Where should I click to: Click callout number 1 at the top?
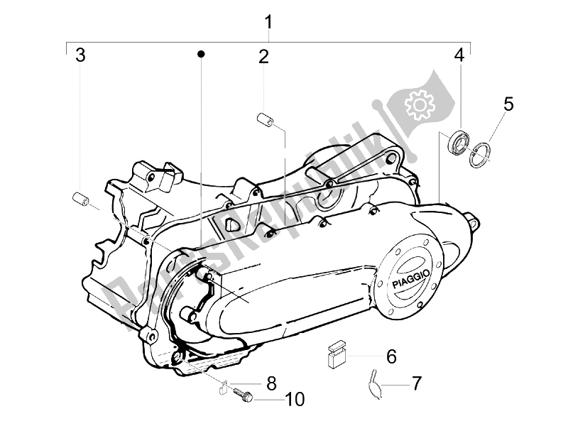[269, 22]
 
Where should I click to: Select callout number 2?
[263, 57]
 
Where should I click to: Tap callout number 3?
[81, 55]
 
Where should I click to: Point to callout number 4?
[459, 55]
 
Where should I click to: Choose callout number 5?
[508, 104]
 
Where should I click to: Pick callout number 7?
[416, 384]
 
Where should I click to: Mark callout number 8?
[271, 384]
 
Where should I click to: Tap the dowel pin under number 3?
[81, 200]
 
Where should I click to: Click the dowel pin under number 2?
[264, 120]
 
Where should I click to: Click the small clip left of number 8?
[224, 387]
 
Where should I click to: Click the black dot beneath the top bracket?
[202, 54]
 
